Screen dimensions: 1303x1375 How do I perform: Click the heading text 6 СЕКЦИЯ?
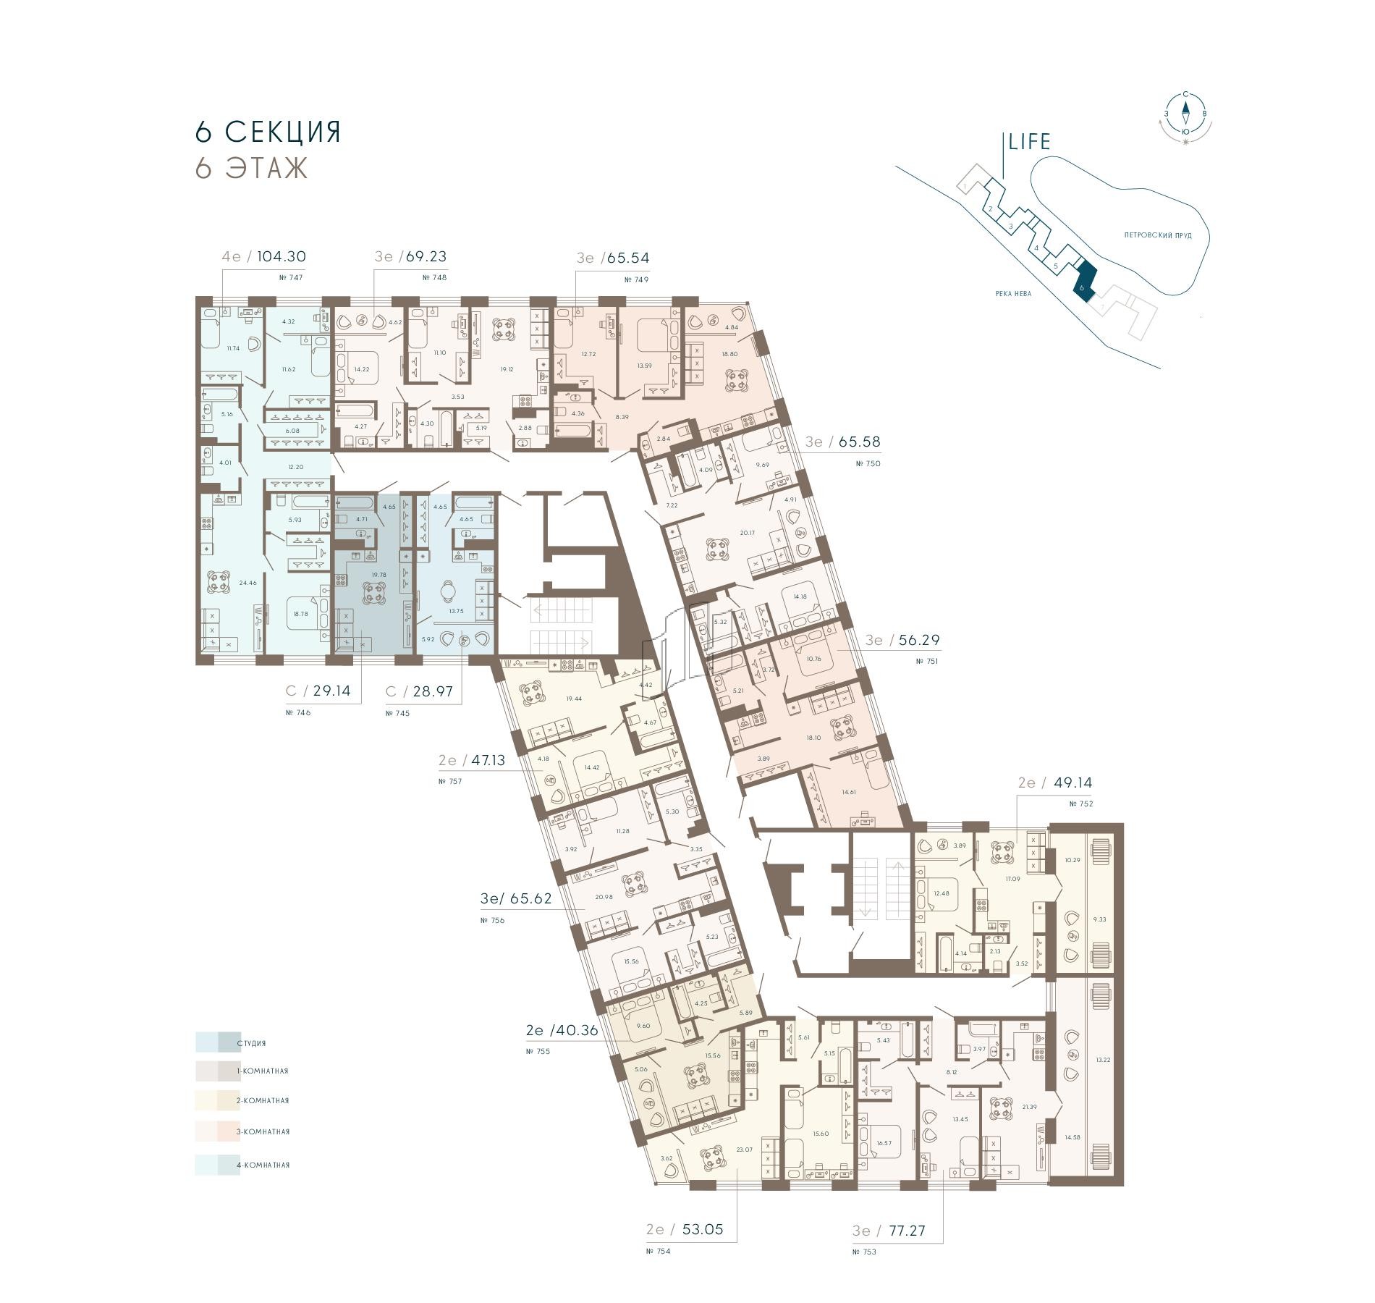268,132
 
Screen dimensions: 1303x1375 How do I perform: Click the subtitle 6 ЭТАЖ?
251,168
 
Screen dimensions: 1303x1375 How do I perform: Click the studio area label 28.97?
432,691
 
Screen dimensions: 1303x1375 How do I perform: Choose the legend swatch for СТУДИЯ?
217,1042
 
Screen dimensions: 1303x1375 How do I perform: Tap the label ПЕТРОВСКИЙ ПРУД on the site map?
1158,235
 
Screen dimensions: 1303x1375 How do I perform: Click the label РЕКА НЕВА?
1012,293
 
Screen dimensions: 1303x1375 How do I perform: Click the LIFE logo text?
1029,142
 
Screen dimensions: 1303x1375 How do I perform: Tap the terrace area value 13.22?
1102,1059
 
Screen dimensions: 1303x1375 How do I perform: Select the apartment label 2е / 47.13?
472,760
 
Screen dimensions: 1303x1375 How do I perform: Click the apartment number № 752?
1080,804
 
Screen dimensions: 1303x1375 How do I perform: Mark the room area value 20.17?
747,533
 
